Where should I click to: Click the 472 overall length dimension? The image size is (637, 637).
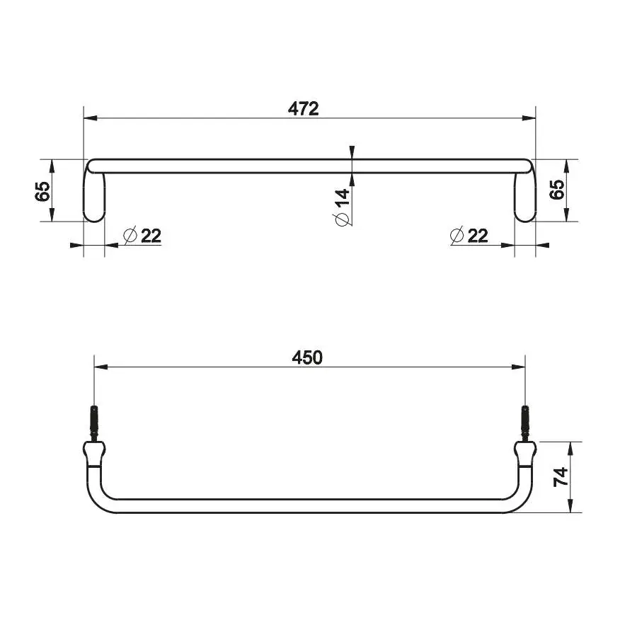coord(304,109)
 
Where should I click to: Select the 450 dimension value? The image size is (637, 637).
coord(307,357)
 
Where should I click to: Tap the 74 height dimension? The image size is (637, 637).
coord(561,477)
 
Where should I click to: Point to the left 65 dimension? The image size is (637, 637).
coord(42,191)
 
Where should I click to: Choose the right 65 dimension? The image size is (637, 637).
coord(557,189)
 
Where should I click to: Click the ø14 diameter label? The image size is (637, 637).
coord(342,207)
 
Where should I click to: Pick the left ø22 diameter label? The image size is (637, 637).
coord(142,236)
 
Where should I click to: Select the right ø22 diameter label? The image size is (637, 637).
coord(469,236)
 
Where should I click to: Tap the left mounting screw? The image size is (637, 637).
coord(94,423)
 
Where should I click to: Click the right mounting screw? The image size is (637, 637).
coord(525,423)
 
